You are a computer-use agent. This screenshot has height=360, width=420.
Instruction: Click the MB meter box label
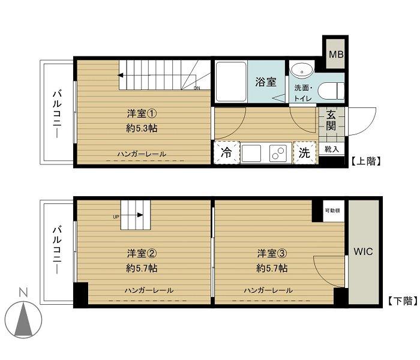click(x=336, y=55)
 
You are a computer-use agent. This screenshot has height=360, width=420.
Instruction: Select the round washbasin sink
click(x=302, y=71)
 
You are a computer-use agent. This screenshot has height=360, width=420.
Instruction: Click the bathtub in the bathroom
click(x=231, y=82)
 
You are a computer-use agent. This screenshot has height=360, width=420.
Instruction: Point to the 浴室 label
click(x=266, y=82)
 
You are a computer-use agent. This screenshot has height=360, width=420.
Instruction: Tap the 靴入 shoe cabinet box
click(x=332, y=149)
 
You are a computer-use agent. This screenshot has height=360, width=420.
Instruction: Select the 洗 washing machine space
click(x=305, y=152)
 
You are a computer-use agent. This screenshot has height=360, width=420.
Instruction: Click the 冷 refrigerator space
click(x=227, y=152)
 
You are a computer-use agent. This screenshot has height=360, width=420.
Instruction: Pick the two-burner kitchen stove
click(x=280, y=153)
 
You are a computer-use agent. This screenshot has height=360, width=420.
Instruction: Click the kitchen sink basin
click(x=251, y=153)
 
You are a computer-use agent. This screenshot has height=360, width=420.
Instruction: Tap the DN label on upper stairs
click(x=197, y=88)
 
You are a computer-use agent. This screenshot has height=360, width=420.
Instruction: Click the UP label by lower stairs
click(x=116, y=217)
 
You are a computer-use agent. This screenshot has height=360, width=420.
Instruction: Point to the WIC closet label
click(x=363, y=251)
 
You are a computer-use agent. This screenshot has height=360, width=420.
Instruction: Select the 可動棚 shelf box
click(x=333, y=211)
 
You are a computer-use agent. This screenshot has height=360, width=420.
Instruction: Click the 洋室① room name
click(x=142, y=114)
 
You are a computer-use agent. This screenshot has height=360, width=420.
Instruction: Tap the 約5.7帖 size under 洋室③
click(x=272, y=268)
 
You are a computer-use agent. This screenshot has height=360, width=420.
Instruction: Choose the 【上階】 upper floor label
click(x=366, y=161)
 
